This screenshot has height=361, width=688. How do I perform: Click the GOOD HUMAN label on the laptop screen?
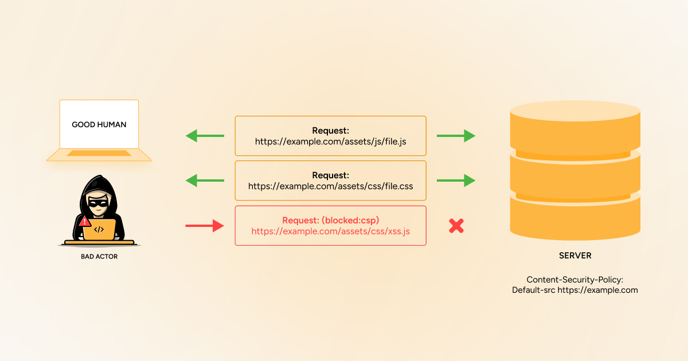(99, 124)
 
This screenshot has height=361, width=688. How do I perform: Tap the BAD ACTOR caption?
(99, 257)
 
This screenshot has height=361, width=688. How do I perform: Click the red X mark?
(456, 226)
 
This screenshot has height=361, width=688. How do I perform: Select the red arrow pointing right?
(205, 226)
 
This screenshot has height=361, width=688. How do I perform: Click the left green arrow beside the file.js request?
(205, 136)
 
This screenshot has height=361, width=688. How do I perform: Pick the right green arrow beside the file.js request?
(456, 136)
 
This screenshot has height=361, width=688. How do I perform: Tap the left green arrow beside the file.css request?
(205, 180)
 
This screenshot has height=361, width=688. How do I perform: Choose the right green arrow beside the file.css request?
(456, 180)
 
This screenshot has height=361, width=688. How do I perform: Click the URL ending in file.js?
(330, 141)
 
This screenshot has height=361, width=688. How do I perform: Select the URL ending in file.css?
(330, 186)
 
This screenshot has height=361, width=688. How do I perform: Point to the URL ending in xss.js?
(330, 231)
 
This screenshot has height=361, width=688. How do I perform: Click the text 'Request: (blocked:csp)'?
(330, 220)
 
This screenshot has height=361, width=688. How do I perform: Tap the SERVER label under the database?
(575, 256)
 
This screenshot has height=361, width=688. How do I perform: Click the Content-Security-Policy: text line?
(575, 280)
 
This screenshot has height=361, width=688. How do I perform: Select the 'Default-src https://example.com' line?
(575, 290)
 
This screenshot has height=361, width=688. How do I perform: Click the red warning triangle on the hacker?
(85, 221)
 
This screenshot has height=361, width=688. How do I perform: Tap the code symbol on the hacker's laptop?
(99, 230)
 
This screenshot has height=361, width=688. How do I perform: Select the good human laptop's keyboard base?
(99, 154)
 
